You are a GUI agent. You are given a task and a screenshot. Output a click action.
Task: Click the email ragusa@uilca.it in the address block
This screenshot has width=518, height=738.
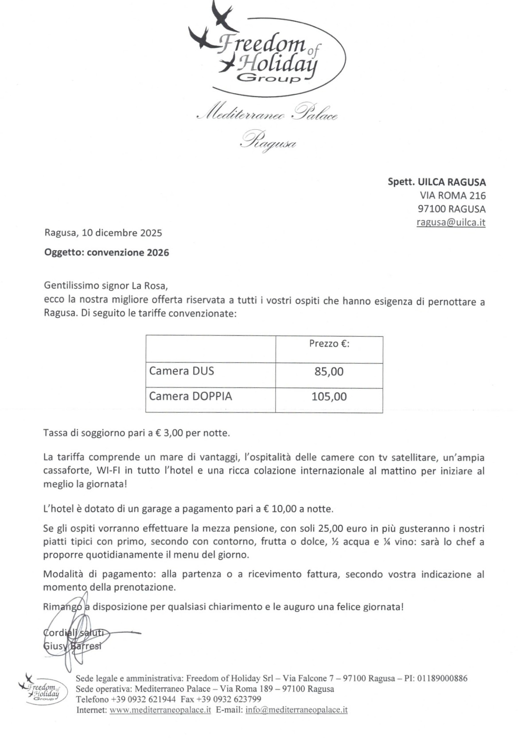451,222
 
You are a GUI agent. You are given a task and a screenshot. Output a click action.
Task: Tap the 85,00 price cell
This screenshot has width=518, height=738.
329,372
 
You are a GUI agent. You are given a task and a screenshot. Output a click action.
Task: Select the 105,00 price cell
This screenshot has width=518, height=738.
329,396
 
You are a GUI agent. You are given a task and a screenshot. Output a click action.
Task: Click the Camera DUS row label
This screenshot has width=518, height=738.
181,371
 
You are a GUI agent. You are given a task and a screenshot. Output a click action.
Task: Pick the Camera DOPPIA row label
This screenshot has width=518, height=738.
190,396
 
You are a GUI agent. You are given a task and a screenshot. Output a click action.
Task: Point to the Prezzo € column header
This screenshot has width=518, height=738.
329,344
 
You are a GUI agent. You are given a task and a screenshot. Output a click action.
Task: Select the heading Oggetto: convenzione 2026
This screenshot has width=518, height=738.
106,252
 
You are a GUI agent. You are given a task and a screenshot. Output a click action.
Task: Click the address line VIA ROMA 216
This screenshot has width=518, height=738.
452,195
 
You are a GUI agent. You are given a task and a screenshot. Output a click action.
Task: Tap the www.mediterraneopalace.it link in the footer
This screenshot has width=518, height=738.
160,710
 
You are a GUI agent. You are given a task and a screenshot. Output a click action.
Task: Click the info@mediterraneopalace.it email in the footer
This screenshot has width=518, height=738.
296,710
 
